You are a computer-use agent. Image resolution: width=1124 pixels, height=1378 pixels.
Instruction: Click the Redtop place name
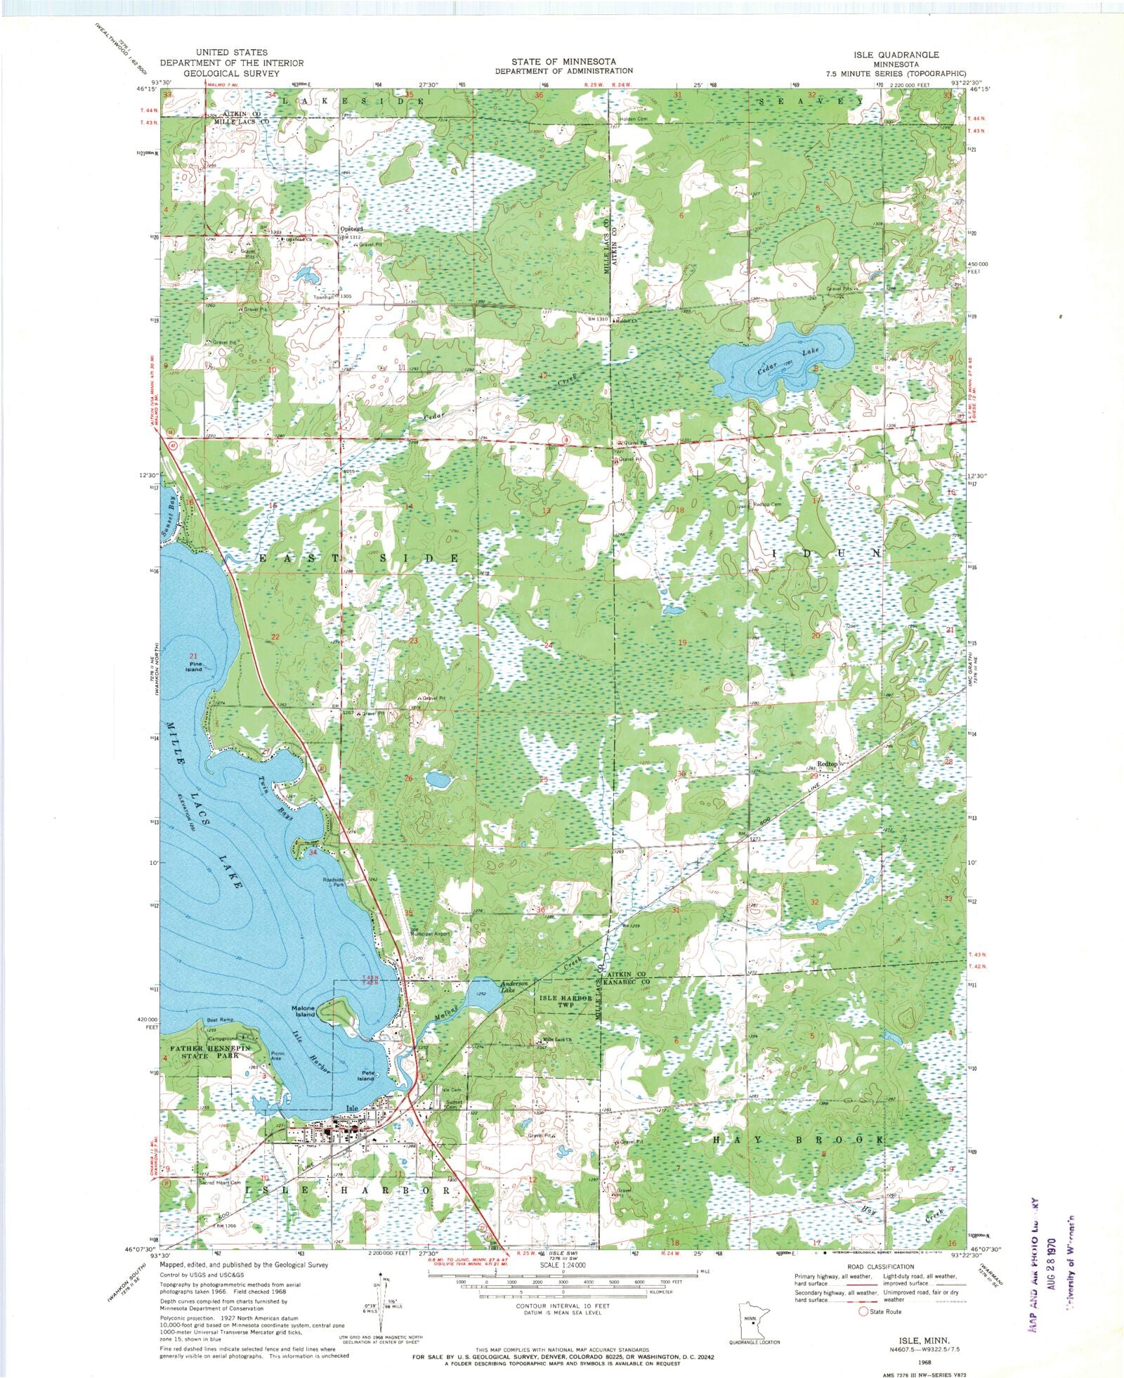828,764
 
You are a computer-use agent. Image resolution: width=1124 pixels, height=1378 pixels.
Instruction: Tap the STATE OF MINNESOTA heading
563,61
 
